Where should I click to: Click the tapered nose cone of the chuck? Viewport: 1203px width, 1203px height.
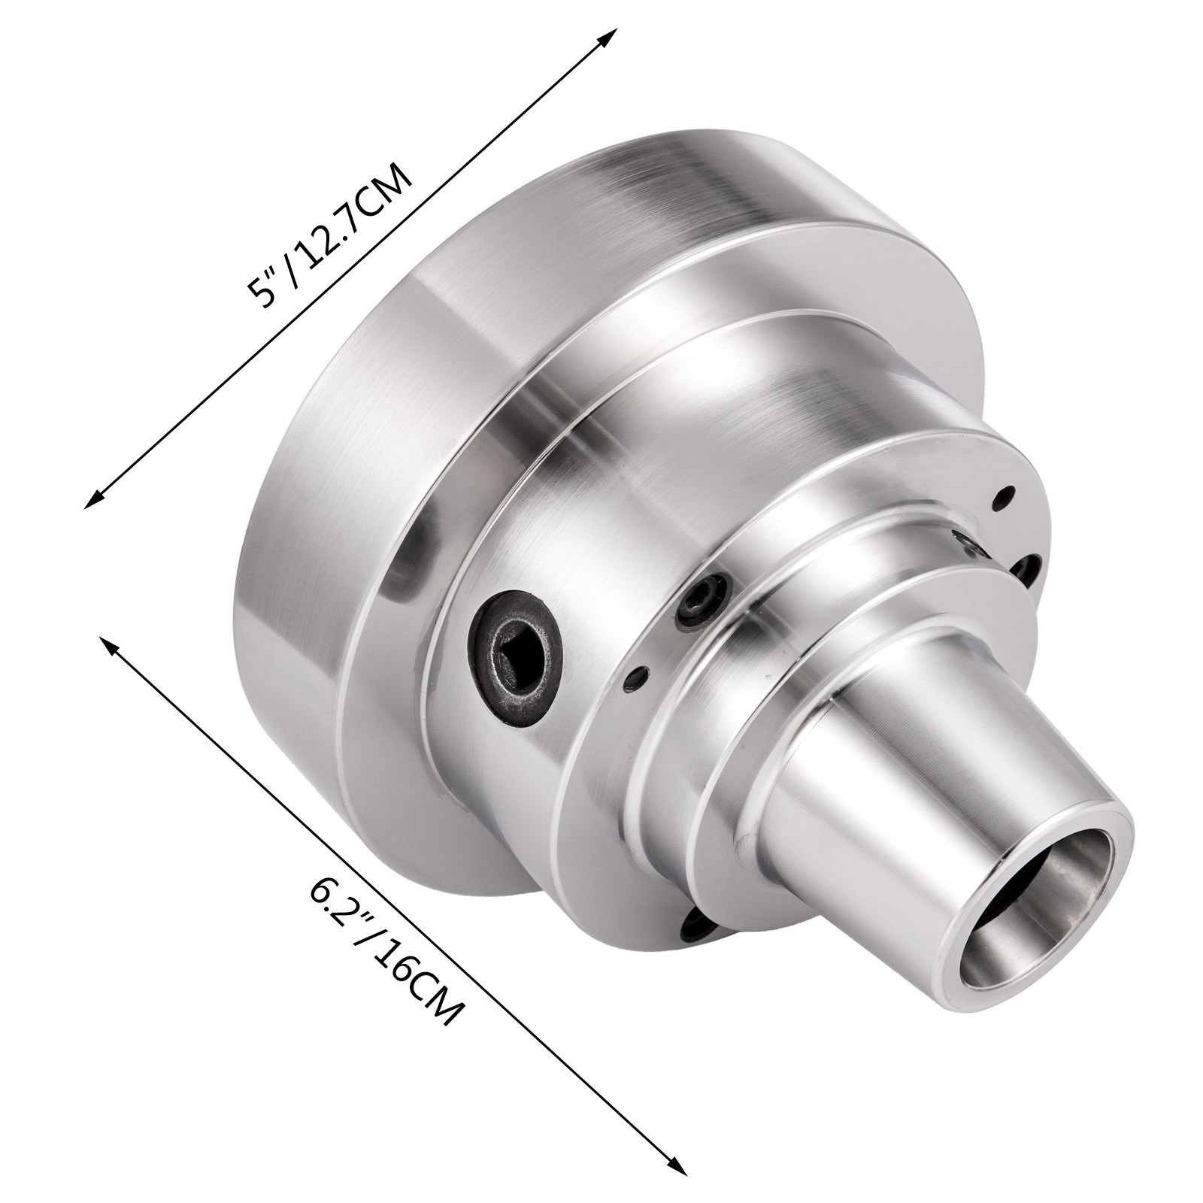[x=865, y=782]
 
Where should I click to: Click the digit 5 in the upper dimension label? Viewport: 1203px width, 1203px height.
[x=262, y=295]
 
